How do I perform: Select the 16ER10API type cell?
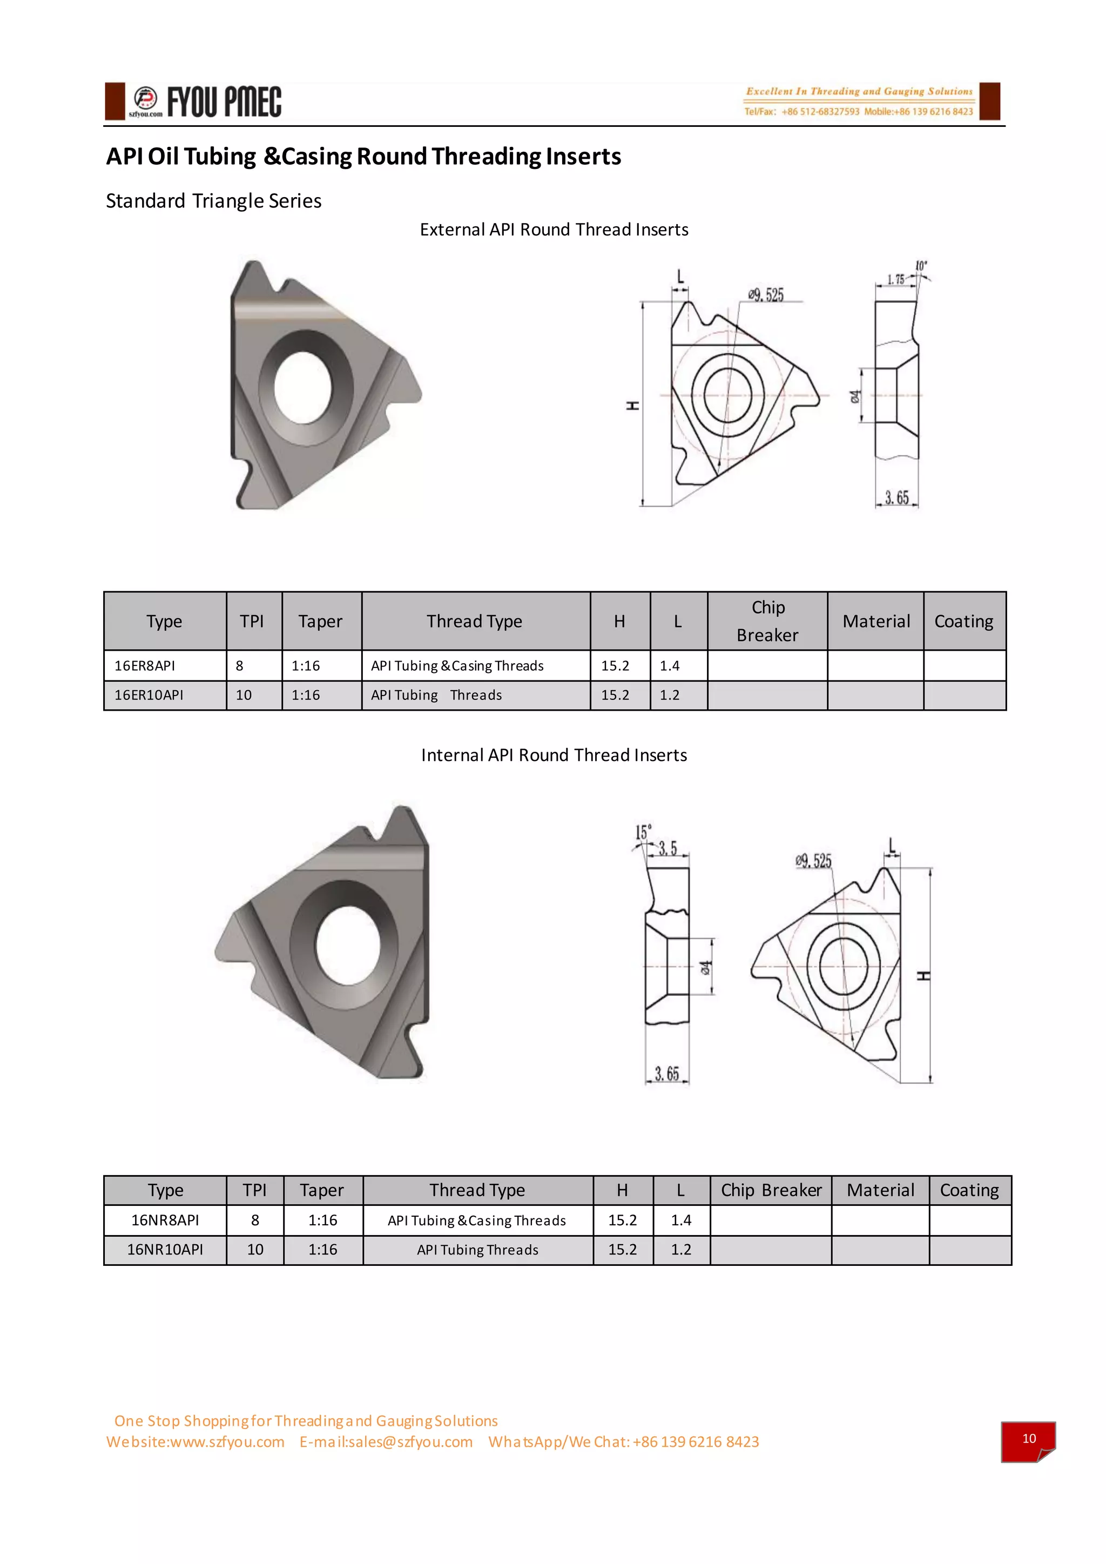[149, 695]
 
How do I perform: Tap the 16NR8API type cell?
[165, 1220]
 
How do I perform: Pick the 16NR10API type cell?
[165, 1249]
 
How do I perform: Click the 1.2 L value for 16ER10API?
[670, 695]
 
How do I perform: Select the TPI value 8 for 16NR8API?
[255, 1220]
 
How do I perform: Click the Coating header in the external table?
[963, 621]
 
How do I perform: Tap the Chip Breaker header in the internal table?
[771, 1190]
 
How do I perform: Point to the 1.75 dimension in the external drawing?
[895, 279]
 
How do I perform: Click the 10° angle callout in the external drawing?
[921, 266]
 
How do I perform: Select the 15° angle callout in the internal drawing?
[643, 832]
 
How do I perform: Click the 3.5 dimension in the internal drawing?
[667, 848]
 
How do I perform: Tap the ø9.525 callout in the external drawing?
[766, 295]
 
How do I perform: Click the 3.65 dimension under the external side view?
[896, 497]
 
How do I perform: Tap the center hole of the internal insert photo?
[347, 946]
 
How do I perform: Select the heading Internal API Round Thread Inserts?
[554, 755]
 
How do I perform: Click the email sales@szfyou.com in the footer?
[386, 1441]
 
